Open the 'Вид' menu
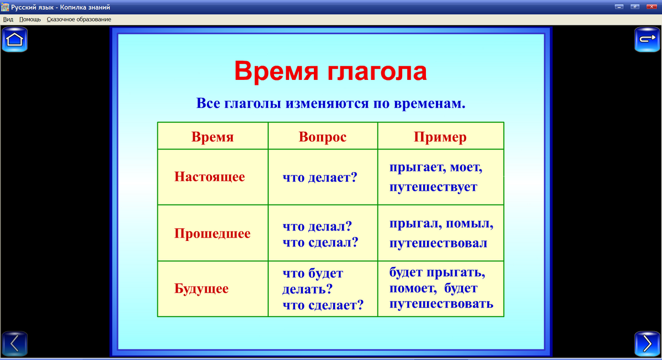(x=8, y=19)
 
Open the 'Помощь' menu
(x=30, y=19)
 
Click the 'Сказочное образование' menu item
(x=79, y=19)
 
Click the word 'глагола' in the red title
(x=377, y=72)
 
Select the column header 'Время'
(x=212, y=137)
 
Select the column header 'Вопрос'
(x=323, y=137)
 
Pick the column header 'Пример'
(x=440, y=137)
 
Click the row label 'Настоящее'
(x=210, y=177)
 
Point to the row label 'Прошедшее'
(x=212, y=234)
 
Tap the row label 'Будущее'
(x=201, y=289)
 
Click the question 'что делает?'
(x=320, y=178)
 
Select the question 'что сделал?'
(x=320, y=241)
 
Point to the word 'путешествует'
(x=433, y=187)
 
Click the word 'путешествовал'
(x=438, y=243)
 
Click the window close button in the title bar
(x=651, y=6)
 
